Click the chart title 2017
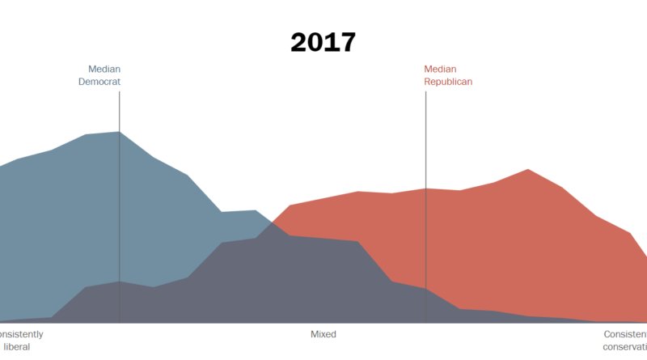pyautogui.click(x=323, y=42)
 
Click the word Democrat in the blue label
pyautogui.click(x=99, y=82)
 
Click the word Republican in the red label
pyautogui.click(x=448, y=82)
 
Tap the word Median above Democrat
pyautogui.click(x=104, y=69)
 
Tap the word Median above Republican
pyautogui.click(x=440, y=69)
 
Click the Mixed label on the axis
pyautogui.click(x=323, y=334)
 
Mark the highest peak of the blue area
pyautogui.click(x=119, y=132)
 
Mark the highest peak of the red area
pyautogui.click(x=527, y=169)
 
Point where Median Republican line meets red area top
pyautogui.click(x=425, y=188)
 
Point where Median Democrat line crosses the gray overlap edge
pyautogui.click(x=120, y=282)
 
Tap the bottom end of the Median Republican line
pyautogui.click(x=425, y=322)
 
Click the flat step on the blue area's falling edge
pyautogui.click(x=239, y=211)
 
